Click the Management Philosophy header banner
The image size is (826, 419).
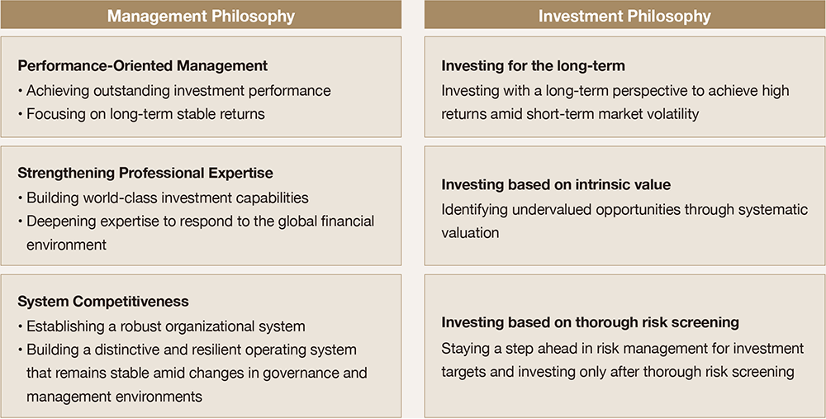pyautogui.click(x=201, y=15)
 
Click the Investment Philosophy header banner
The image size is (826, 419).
pyautogui.click(x=624, y=15)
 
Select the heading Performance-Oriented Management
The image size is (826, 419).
pyautogui.click(x=143, y=66)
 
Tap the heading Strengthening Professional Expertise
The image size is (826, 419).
pyautogui.click(x=145, y=173)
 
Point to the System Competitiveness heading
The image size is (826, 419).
pyautogui.click(x=103, y=302)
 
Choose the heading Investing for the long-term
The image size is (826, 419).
pyautogui.click(x=533, y=66)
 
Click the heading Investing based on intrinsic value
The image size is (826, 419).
pyautogui.click(x=556, y=185)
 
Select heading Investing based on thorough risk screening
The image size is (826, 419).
pyautogui.click(x=590, y=322)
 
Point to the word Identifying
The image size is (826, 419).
pyautogui.click(x=476, y=210)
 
